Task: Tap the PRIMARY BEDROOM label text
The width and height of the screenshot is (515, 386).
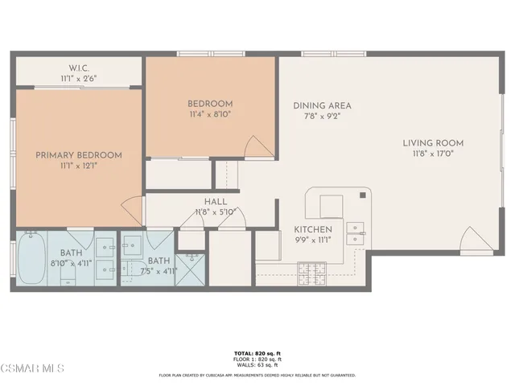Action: pos(78,155)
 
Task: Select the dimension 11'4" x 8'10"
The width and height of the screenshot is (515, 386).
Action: pos(210,115)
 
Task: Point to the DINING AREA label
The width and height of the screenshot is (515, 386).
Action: pos(322,106)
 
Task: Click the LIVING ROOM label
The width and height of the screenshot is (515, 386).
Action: pos(433,144)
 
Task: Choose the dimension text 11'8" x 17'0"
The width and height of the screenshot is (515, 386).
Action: pos(433,155)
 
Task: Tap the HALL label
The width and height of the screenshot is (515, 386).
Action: pos(216,202)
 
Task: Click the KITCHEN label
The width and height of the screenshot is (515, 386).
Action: pos(313,229)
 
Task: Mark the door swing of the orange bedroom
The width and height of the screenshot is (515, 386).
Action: pos(261,147)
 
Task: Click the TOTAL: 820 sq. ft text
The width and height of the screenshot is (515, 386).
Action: pos(257,353)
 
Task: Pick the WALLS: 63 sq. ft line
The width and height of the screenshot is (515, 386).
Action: pos(257,366)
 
